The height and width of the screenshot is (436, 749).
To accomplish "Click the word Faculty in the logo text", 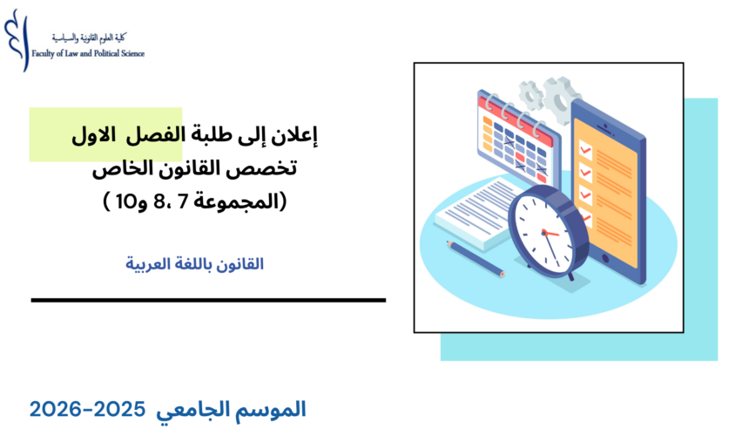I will coord(44,53).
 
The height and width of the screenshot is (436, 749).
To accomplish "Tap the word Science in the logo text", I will coord(128,53).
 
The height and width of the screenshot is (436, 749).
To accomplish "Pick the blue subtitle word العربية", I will coord(154,262).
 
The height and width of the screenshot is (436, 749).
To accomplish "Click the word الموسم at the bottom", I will coord(277,409).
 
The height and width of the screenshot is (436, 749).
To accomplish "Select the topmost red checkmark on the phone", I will coord(585,150).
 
